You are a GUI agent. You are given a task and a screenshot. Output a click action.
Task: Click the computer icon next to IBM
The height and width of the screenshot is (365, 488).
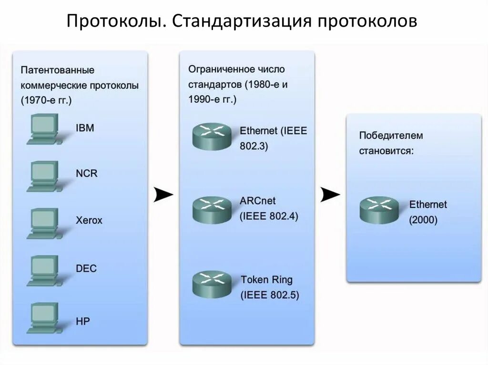pos(43,129)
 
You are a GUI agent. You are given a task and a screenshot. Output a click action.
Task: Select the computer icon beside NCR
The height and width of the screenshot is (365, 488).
pos(43,176)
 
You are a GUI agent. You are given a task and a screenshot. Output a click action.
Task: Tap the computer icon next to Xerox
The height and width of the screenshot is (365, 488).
pos(43,224)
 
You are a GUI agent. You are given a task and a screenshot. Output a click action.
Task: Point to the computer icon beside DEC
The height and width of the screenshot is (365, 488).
pos(43,271)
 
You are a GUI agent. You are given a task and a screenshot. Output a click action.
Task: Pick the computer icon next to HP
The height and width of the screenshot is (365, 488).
pos(43,318)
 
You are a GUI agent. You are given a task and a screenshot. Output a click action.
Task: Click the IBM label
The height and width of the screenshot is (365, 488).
pos(85,128)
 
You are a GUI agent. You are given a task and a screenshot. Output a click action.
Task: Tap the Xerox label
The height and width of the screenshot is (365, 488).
pos(89,221)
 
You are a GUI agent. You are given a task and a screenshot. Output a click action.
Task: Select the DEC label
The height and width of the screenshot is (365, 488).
pos(86,268)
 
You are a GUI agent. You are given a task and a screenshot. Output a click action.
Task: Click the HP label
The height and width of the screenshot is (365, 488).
pos(82,321)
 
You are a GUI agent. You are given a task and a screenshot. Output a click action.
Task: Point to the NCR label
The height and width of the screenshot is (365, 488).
pos(86,173)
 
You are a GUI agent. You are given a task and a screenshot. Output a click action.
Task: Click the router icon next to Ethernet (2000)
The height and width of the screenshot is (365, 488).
pos(379,210)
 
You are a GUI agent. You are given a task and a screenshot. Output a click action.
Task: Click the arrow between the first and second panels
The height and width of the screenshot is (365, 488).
pos(163,195)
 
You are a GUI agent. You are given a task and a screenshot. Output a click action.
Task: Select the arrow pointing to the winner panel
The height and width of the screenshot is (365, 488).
pos(330,194)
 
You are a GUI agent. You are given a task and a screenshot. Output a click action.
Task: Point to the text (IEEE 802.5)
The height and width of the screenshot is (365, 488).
pos(270,295)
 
